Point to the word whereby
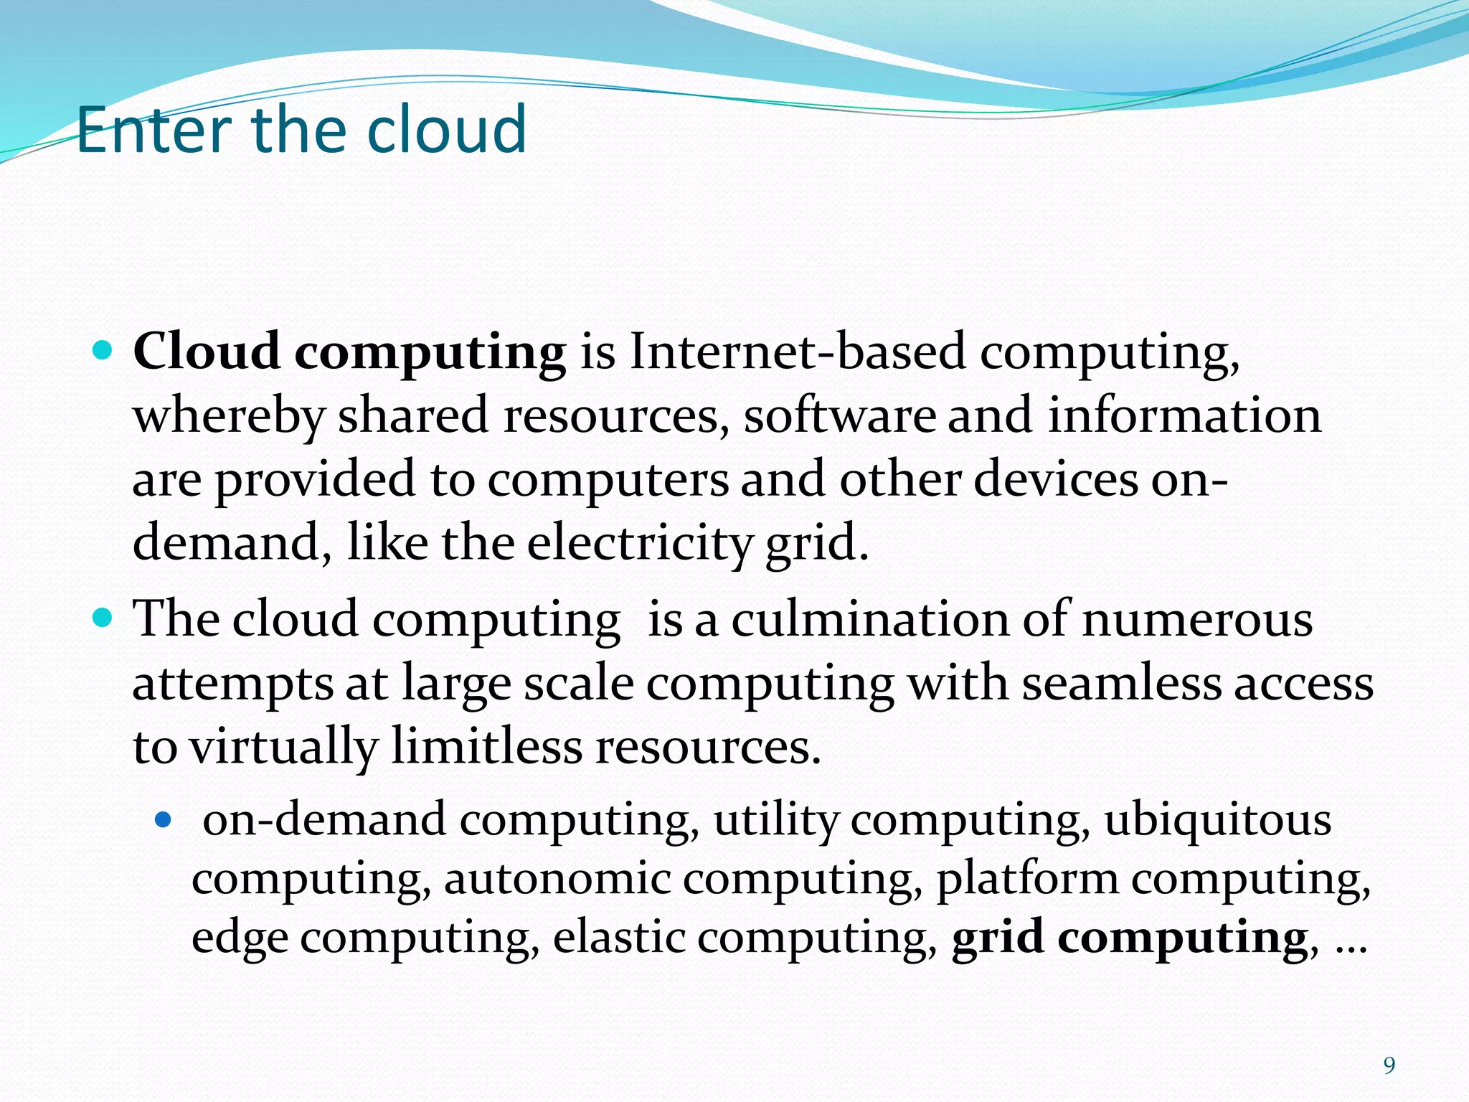228,417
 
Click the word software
839,416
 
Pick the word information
1184,416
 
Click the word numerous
1197,618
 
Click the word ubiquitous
1217,819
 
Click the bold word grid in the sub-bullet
997,938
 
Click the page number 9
1389,1066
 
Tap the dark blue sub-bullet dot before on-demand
164,818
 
